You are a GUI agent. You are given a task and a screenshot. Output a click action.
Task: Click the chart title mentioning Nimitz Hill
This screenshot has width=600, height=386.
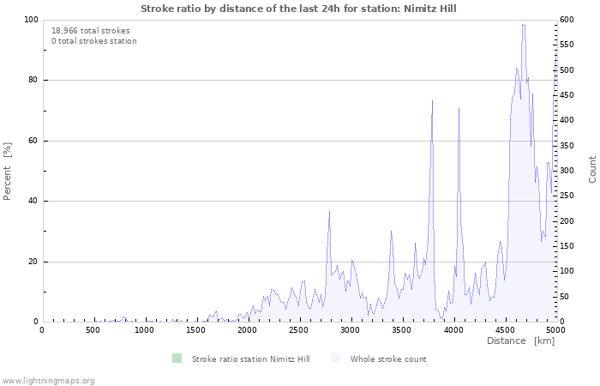click(x=298, y=9)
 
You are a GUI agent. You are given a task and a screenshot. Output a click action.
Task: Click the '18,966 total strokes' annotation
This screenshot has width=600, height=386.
click(x=91, y=30)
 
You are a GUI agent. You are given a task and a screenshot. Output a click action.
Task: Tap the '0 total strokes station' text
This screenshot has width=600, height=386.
click(x=93, y=40)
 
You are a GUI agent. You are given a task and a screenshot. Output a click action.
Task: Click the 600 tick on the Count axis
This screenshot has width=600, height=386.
click(x=567, y=20)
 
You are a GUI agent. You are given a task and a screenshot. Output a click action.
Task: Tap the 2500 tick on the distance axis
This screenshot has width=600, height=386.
click(x=298, y=329)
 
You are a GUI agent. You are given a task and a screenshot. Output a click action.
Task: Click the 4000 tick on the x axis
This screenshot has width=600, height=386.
click(x=453, y=329)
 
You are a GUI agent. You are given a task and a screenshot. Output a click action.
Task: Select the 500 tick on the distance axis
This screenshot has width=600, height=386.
click(x=93, y=329)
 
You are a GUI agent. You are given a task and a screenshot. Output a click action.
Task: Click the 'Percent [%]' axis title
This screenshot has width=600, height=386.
click(x=8, y=171)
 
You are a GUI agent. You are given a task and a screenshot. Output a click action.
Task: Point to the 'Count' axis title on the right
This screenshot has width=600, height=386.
click(x=592, y=169)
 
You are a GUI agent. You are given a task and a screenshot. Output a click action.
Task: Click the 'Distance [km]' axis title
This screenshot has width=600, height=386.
click(x=520, y=341)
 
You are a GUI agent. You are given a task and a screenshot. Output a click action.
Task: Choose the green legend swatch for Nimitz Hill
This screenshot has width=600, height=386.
click(x=177, y=359)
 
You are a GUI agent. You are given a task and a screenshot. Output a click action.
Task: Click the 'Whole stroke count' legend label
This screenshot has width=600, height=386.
click(x=388, y=359)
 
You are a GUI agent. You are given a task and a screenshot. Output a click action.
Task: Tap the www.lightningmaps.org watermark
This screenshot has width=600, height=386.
click(x=48, y=380)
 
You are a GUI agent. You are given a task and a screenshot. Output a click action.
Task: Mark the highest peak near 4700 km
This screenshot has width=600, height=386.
click(x=523, y=25)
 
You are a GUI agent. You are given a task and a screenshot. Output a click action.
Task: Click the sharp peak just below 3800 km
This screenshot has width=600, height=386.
click(x=432, y=101)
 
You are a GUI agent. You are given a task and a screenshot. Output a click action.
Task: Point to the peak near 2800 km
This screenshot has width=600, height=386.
click(x=329, y=211)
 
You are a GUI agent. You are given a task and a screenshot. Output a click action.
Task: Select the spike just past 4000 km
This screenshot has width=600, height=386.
click(x=459, y=109)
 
